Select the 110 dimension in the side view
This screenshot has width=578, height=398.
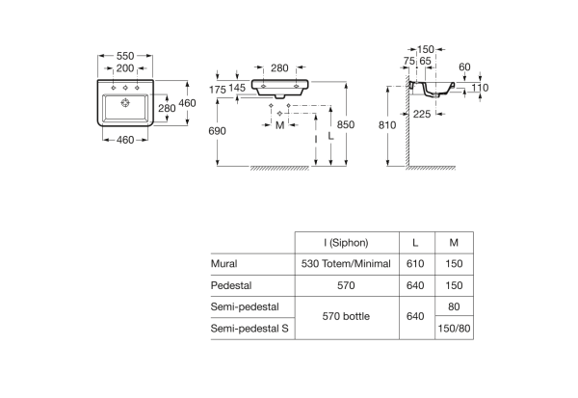coord(479,88)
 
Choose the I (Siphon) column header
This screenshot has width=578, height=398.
coord(346,243)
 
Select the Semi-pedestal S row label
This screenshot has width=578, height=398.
coord(250,329)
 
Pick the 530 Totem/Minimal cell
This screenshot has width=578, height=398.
coord(346,262)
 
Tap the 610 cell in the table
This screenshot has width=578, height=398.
coord(414,262)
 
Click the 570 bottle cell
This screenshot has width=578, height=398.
coord(346,316)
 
